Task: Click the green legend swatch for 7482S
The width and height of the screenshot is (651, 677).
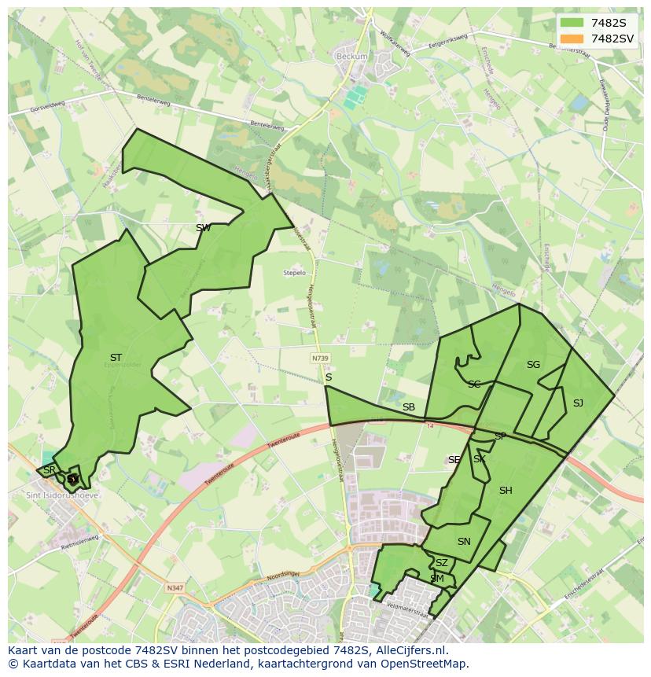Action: click(x=572, y=23)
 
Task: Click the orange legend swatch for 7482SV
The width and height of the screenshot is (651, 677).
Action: click(x=572, y=39)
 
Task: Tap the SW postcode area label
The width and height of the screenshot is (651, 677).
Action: click(x=203, y=228)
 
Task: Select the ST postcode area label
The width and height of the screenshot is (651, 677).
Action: click(x=116, y=358)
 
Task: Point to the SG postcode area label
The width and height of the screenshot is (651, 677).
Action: click(x=533, y=365)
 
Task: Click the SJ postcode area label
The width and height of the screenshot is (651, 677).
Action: click(x=578, y=403)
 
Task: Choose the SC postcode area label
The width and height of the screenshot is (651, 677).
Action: click(x=474, y=384)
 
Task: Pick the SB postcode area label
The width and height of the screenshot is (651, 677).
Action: click(x=408, y=407)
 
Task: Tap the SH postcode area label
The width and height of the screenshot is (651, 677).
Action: click(x=506, y=491)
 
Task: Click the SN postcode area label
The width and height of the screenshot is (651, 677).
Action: click(x=464, y=542)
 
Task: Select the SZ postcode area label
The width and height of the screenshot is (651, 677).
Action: click(x=441, y=563)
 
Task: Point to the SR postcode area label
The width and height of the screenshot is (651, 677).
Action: click(x=49, y=470)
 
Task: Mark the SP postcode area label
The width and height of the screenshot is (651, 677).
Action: click(x=500, y=436)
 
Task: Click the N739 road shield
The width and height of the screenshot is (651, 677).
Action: click(x=320, y=358)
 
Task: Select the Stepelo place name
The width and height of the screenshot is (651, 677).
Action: click(x=294, y=273)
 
